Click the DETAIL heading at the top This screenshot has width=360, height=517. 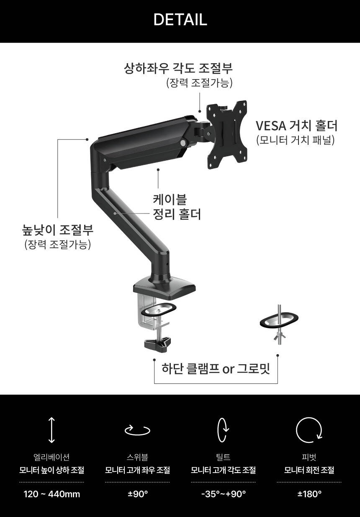pos(180,19)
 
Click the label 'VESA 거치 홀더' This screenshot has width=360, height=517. pos(296,126)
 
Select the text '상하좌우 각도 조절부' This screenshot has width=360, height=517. pos(178,68)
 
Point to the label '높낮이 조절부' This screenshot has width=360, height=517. pos(58,230)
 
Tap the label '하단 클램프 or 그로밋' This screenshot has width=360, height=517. pos(216,368)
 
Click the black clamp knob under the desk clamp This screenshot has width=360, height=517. pos(158,343)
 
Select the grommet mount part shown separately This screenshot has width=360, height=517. pos(279,324)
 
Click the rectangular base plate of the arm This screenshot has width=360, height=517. pos(165,288)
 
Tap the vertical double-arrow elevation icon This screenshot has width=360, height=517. pos(51,430)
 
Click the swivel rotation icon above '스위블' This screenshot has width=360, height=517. pos(137,430)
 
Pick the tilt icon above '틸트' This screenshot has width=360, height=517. pos(223,430)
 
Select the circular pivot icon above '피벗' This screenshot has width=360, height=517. pos(309,430)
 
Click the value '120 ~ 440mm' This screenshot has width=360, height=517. pos(51,494)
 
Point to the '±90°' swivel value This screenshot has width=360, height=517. pos(138,494)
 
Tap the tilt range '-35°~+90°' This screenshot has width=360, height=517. pos(224,494)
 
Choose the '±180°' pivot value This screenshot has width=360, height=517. pos(309,494)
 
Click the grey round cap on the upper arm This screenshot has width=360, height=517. pos(183,143)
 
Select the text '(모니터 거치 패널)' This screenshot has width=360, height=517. pos(296,140)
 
